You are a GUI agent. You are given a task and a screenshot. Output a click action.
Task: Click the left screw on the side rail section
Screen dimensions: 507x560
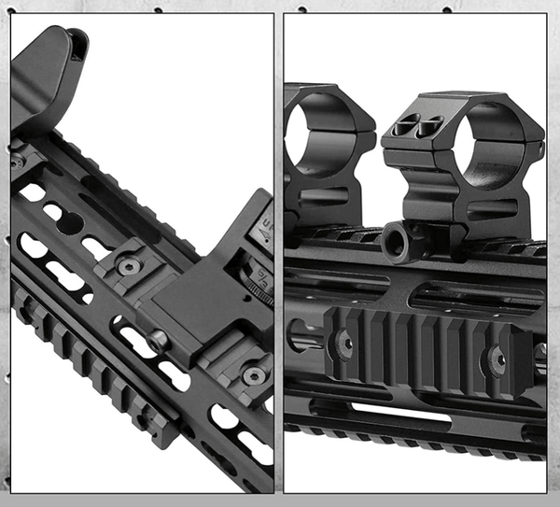point(344,344)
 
